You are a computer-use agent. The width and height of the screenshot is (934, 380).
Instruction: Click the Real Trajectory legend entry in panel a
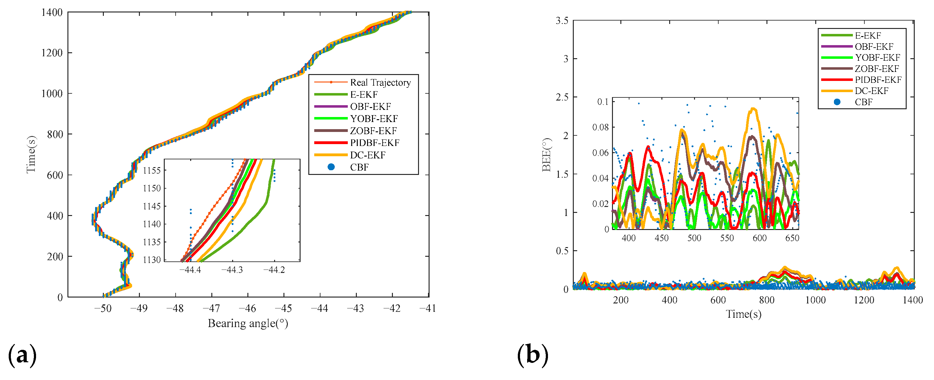pos(380,83)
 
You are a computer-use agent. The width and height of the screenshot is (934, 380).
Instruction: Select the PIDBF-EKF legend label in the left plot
pos(374,143)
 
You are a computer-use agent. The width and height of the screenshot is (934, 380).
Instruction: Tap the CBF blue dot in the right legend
pos(837,102)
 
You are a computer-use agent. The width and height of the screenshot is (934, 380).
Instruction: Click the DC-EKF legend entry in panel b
pos(871,91)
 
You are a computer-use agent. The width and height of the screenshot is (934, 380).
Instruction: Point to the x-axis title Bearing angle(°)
pos(248,323)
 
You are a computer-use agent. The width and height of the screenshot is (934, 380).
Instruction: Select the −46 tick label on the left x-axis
pos(248,309)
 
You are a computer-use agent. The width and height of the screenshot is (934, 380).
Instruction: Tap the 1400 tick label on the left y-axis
pos(52,13)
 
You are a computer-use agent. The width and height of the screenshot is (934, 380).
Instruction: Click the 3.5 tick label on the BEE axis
pos(562,21)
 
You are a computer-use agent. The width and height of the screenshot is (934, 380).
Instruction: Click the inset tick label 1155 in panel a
pos(152,171)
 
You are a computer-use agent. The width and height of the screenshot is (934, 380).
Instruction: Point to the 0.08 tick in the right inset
pos(600,127)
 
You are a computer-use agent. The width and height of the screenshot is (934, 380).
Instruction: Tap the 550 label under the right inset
pos(727,238)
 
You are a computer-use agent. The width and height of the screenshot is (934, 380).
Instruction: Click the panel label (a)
pos(22,355)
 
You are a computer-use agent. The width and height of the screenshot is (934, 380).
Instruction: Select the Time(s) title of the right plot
pos(743,314)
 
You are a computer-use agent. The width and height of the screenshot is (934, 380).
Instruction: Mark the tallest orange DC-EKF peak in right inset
pos(753,109)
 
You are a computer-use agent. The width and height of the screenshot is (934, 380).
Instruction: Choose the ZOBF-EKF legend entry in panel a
pos(373,131)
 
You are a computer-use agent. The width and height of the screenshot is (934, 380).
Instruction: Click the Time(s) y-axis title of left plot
pos(31,155)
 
